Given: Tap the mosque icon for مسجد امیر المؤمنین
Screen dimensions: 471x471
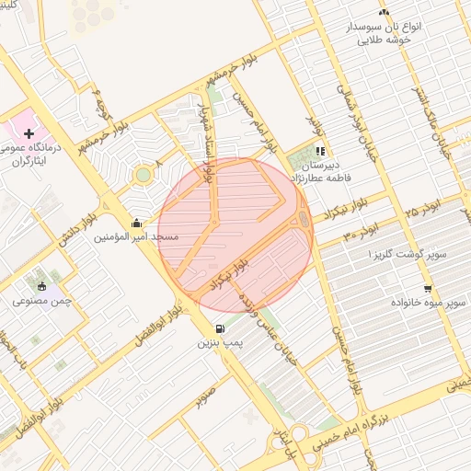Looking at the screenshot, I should (137, 223).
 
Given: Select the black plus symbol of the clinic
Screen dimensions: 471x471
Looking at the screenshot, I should (29, 134).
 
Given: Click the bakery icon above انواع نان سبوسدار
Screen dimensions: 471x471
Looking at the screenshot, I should (385, 12).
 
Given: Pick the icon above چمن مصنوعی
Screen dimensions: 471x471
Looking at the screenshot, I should (41, 285).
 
